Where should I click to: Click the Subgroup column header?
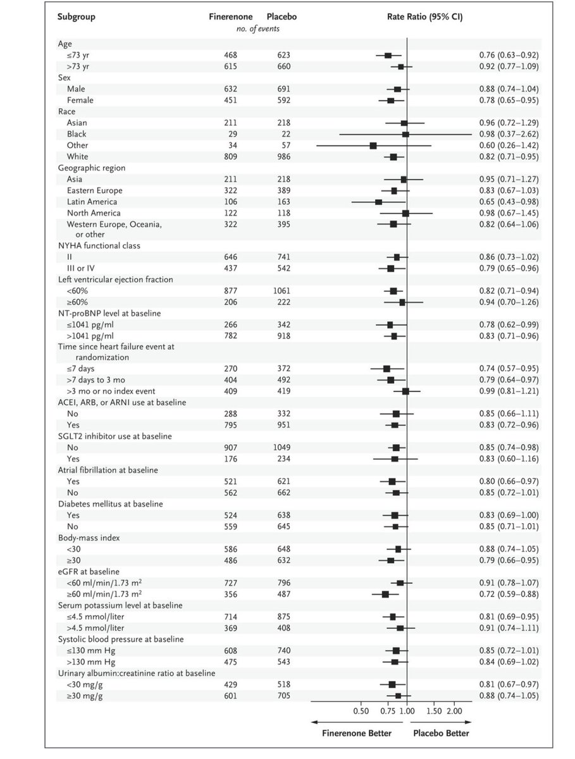click(77, 17)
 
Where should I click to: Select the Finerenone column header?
click(232, 17)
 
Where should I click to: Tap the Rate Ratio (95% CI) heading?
click(424, 17)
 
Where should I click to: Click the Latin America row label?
click(90, 202)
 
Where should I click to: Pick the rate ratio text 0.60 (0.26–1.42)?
click(509, 145)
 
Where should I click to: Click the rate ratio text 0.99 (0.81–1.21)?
click(509, 392)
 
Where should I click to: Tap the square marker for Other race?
click(373, 145)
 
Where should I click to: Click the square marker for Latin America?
click(378, 202)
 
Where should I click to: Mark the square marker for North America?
click(405, 213)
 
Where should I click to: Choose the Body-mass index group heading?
click(88, 538)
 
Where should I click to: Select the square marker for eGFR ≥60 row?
click(385, 594)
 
